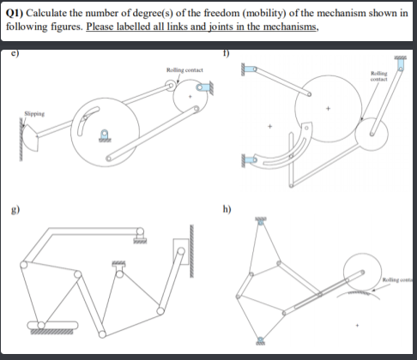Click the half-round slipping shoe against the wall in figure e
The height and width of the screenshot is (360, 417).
click(32, 131)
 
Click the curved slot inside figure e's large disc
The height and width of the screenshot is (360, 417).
click(79, 125)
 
